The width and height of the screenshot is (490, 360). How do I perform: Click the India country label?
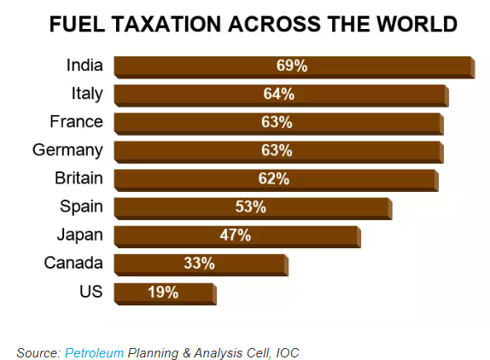[x=85, y=65]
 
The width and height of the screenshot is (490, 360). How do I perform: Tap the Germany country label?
[x=67, y=150]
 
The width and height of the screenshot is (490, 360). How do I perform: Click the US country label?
[x=90, y=291]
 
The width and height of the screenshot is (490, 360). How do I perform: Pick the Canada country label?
[x=73, y=263]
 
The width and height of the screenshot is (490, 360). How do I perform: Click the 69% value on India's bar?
[x=292, y=66]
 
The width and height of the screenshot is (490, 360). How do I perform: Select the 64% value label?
[x=278, y=94]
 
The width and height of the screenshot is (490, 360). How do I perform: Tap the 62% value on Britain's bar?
[x=274, y=178]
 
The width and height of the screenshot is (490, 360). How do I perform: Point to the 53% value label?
[x=251, y=206]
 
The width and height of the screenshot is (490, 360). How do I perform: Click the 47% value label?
[x=235, y=235]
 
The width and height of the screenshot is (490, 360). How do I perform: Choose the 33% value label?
[x=198, y=263]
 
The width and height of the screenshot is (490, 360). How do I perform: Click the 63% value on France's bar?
[x=277, y=122]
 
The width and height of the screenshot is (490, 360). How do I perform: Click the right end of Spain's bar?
[x=389, y=208]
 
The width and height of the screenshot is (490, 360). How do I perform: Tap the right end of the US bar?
[x=213, y=293]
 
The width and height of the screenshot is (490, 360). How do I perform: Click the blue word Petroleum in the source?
[x=94, y=352]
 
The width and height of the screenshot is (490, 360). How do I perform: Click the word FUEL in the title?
[x=78, y=24]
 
